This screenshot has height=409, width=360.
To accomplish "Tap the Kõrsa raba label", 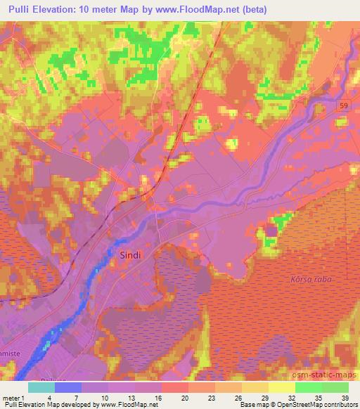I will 310,280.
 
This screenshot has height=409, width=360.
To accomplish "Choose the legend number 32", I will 291,398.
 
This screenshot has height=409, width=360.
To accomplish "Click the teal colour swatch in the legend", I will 41,387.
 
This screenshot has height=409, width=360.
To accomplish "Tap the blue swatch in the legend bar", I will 68,387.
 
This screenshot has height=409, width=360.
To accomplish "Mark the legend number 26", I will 238,398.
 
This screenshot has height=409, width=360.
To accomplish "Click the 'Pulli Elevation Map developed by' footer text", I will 49,405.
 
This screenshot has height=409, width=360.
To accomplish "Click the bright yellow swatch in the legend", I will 281,387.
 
